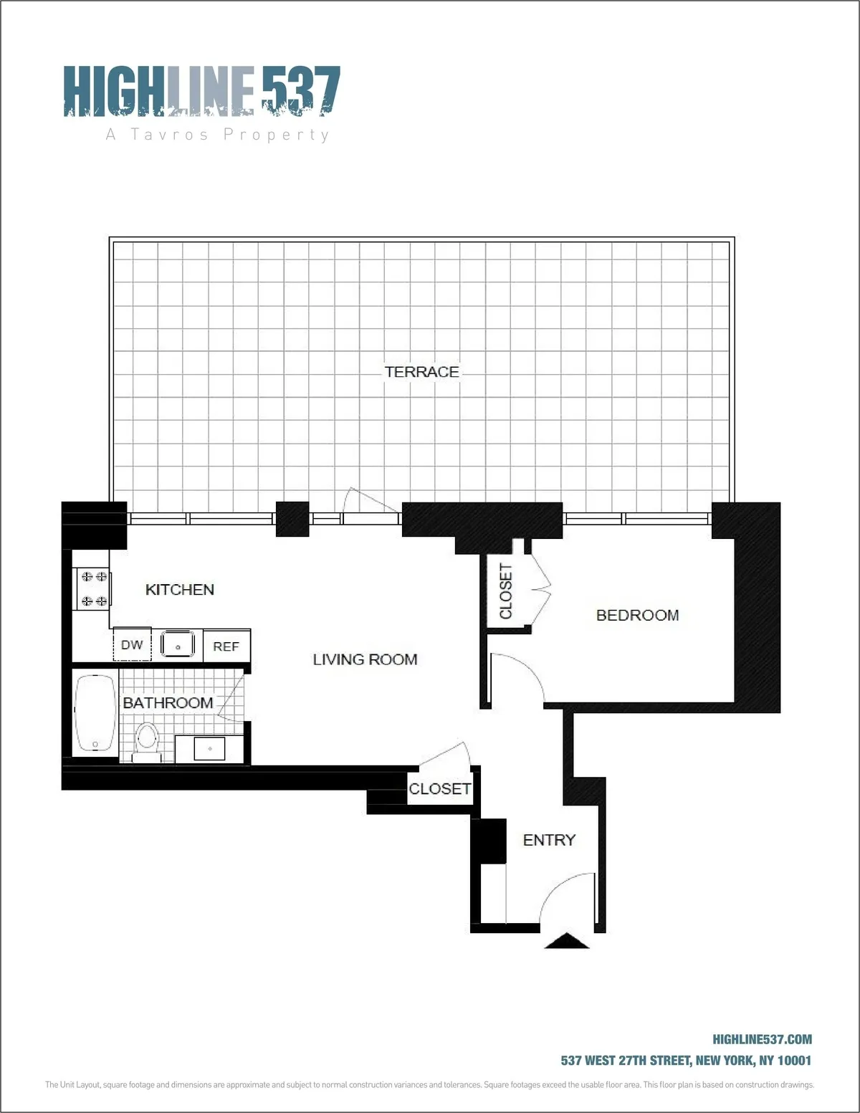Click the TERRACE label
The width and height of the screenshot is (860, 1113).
[x=421, y=371]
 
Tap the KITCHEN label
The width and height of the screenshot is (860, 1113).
[x=179, y=589]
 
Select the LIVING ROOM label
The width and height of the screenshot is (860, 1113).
[x=365, y=659]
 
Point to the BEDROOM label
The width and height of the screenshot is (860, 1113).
[x=637, y=615]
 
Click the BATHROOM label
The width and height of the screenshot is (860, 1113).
[x=168, y=702]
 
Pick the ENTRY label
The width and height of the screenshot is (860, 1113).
[x=549, y=840]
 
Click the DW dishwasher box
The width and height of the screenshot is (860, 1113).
[x=132, y=645]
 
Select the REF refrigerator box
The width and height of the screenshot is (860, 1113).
[x=226, y=646]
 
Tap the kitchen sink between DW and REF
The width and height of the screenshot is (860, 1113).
[x=178, y=644]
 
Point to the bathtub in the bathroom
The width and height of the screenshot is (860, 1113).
[x=95, y=713]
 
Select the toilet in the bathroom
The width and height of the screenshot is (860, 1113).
[x=148, y=740]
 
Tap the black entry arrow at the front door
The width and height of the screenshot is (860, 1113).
[x=567, y=941]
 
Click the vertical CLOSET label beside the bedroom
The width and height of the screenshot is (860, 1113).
[x=506, y=591]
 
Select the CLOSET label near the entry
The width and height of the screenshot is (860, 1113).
[x=440, y=788]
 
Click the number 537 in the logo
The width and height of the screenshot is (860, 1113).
[x=300, y=90]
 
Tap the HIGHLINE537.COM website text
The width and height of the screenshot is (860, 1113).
[x=762, y=1039]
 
